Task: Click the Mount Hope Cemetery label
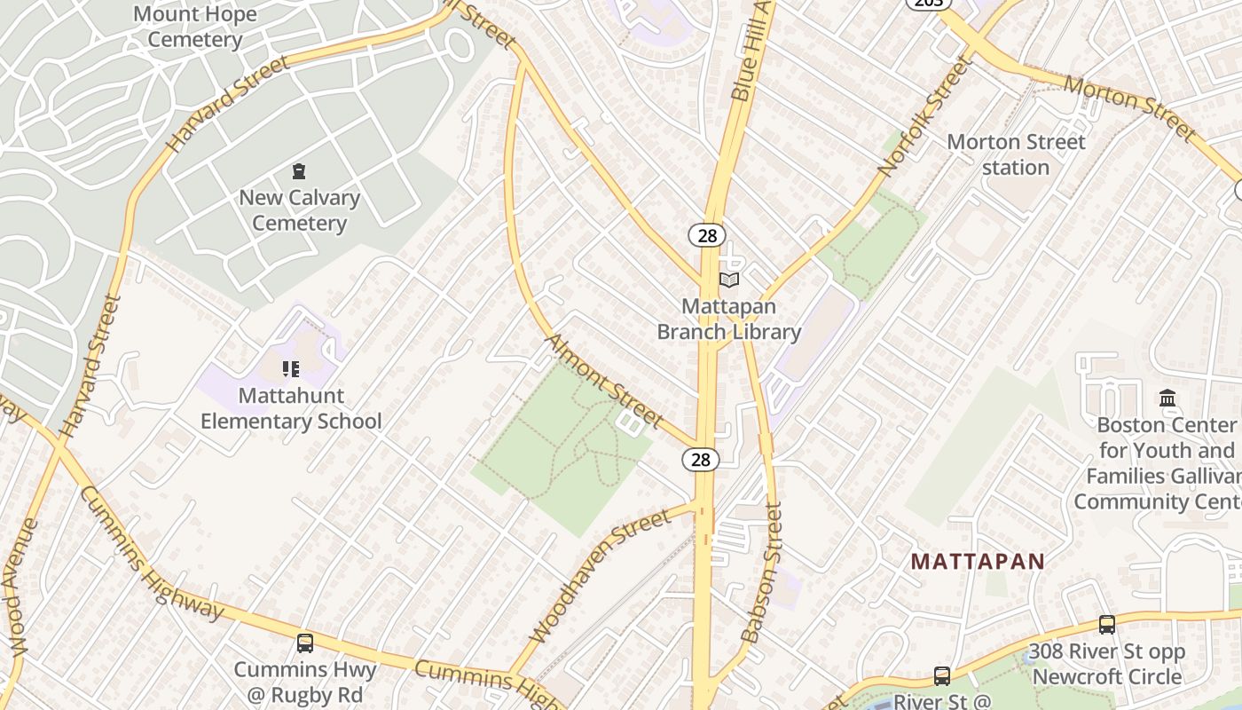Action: [x=194, y=27]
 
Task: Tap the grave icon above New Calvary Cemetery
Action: [x=299, y=171]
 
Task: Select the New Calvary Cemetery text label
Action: [x=299, y=210]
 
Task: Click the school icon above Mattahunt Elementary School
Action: [x=291, y=368]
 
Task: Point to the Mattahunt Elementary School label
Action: [x=291, y=408]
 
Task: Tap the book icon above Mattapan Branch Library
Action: [x=729, y=280]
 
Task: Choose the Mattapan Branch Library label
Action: [x=729, y=319]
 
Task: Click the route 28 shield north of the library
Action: [x=707, y=235]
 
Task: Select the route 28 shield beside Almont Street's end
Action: [x=701, y=459]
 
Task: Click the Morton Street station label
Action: [x=1016, y=154]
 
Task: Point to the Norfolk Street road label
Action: [x=925, y=116]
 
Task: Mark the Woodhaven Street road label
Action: [x=601, y=576]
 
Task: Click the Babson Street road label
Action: [x=763, y=572]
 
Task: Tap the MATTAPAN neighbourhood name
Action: [x=978, y=562]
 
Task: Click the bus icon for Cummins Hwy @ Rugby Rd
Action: [x=305, y=643]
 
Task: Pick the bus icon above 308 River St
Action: [x=1107, y=625]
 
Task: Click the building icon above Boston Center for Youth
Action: [x=1167, y=398]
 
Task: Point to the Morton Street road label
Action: [x=1130, y=108]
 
